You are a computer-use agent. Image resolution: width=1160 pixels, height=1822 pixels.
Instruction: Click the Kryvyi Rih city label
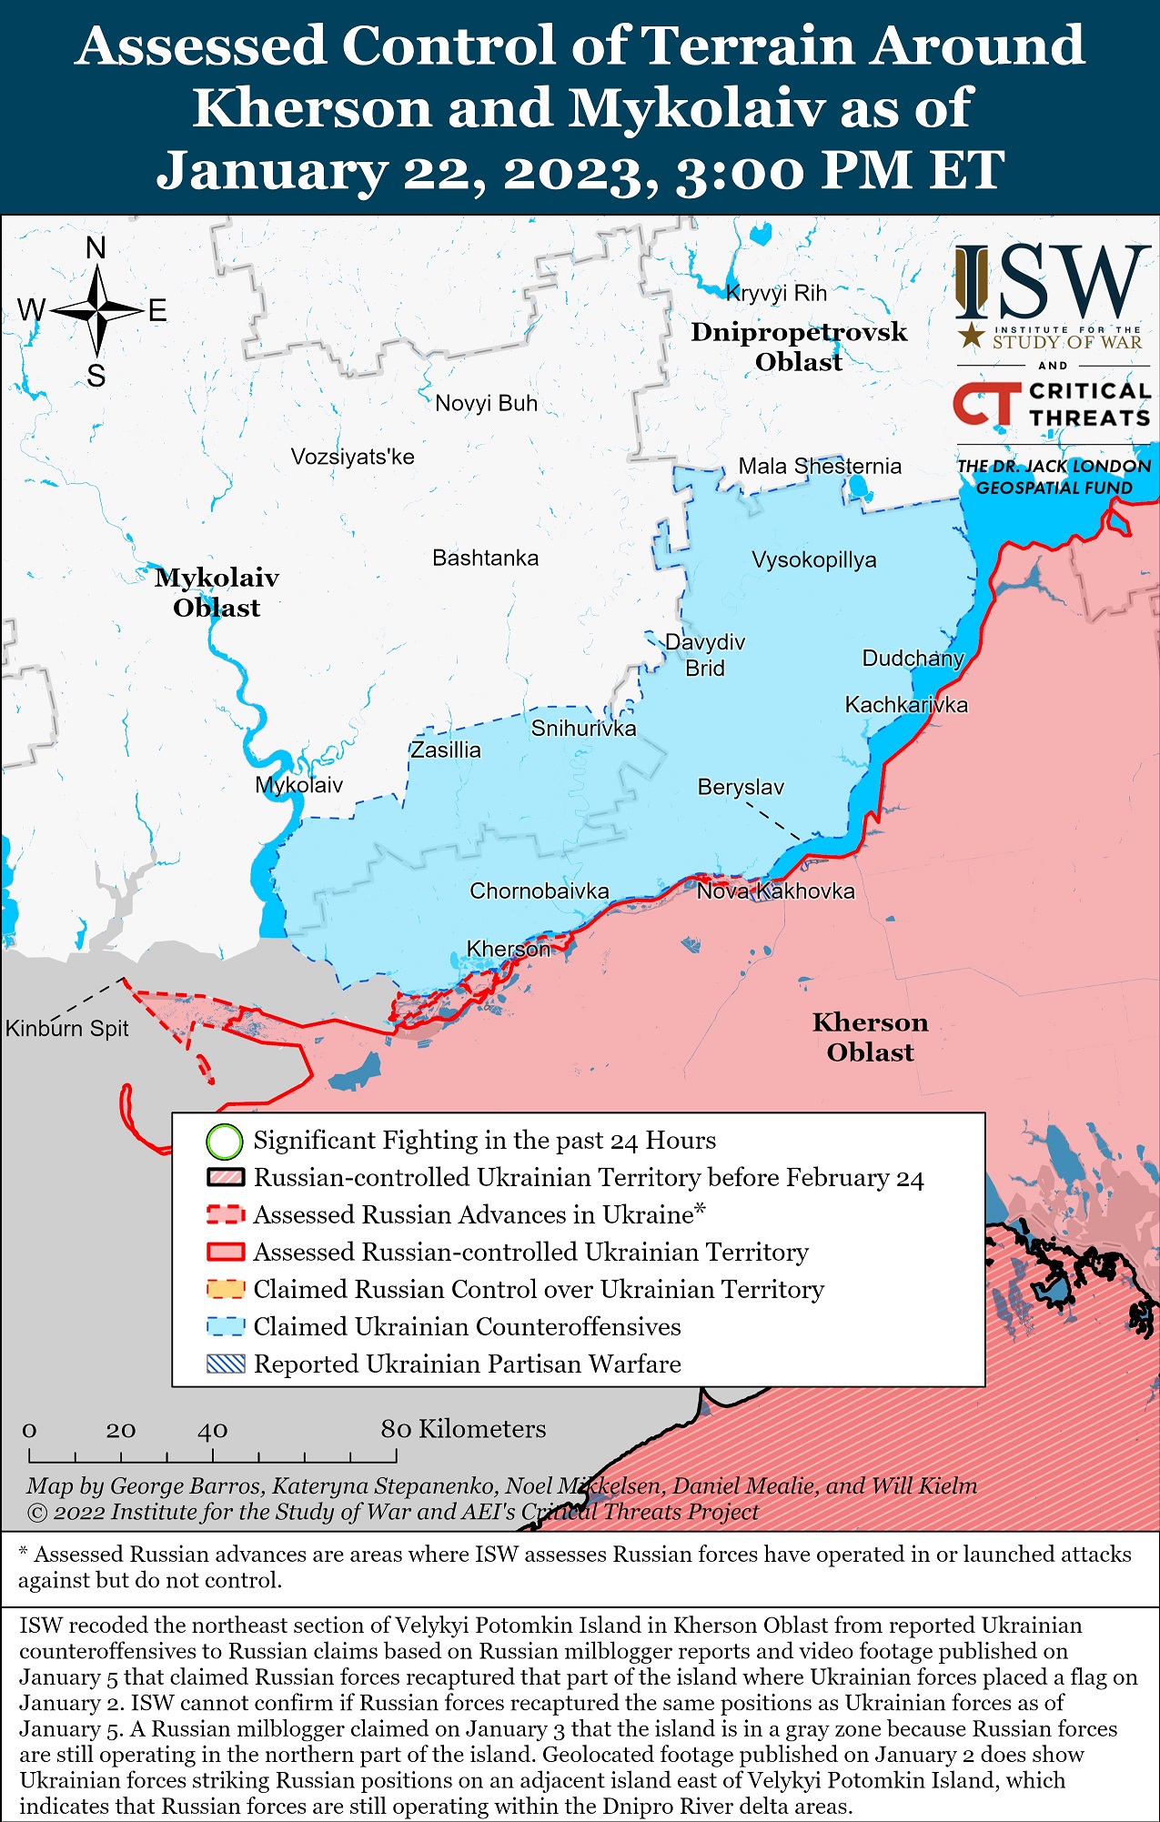click(776, 293)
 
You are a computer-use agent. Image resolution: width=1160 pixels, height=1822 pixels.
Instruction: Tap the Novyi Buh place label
click(486, 403)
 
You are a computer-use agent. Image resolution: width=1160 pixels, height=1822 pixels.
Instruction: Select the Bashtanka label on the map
click(485, 558)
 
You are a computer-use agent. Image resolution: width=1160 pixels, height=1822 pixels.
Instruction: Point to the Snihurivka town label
click(583, 728)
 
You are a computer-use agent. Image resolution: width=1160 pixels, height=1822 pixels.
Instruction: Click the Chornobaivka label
click(539, 891)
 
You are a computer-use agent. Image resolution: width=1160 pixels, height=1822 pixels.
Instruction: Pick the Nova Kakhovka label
click(775, 891)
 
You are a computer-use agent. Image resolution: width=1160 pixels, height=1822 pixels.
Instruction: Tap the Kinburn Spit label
click(67, 1028)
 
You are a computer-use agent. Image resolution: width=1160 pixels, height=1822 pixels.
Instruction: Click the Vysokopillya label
click(813, 559)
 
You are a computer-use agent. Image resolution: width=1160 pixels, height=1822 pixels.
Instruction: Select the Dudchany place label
click(913, 658)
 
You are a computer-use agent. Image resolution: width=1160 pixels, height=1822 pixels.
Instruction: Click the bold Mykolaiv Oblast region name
click(217, 592)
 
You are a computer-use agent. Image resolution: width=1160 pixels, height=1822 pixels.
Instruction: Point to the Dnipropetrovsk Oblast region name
click(799, 347)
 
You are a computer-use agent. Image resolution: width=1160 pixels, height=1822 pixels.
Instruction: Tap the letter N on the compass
click(96, 247)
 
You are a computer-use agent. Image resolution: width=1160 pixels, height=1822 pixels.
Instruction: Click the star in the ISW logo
click(972, 335)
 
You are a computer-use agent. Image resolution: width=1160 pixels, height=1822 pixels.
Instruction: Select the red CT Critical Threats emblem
click(986, 404)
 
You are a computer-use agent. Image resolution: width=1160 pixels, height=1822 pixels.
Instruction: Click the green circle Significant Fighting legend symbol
click(225, 1141)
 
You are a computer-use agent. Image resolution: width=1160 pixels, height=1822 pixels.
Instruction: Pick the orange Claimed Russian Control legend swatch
click(226, 1289)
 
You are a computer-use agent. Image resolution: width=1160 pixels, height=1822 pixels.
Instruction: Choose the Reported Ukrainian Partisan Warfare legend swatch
click(226, 1364)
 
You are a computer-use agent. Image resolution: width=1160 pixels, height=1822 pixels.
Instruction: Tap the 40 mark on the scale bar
click(212, 1430)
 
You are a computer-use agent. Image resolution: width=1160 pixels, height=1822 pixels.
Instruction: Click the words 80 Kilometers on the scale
click(463, 1429)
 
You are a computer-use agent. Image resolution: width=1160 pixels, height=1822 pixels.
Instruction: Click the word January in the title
click(270, 170)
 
